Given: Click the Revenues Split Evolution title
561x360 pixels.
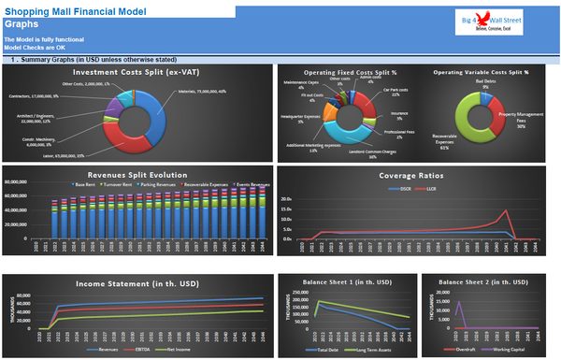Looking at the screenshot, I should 137,175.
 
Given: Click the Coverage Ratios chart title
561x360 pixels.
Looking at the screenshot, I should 416,175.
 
